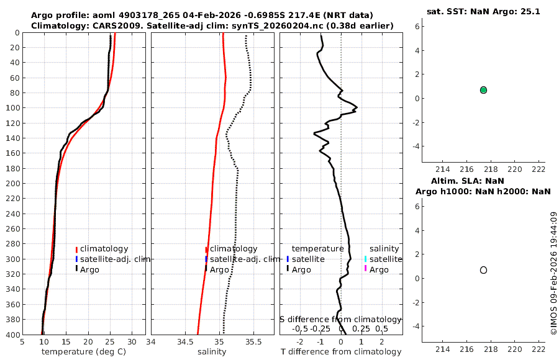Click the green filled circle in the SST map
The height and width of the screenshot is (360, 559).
click(483, 90)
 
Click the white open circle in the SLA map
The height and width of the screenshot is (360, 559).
click(483, 270)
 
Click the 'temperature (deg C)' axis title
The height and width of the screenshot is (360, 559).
click(84, 352)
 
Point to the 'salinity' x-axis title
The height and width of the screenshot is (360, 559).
click(212, 352)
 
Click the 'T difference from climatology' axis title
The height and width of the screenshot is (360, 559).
click(341, 352)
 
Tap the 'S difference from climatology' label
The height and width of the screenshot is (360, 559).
click(341, 319)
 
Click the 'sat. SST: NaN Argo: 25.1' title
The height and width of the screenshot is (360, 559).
click(483, 11)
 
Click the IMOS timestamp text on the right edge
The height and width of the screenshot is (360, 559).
click(553, 274)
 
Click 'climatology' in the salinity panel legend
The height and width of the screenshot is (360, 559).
click(233, 249)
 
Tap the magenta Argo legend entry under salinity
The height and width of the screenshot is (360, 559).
click(379, 269)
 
